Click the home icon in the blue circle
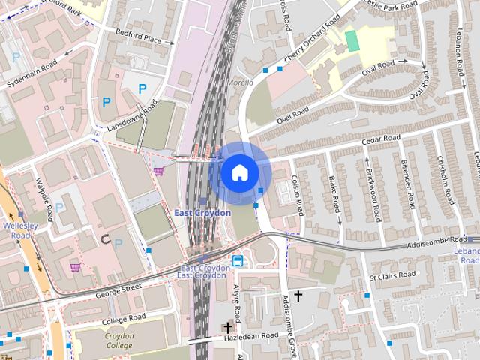click(239, 173)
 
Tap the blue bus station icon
click(238, 261)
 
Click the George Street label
click(119, 287)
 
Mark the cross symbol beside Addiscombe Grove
click(298, 296)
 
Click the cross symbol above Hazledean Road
click(227, 327)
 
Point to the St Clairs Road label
click(393, 276)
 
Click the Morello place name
click(240, 82)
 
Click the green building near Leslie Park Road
click(352, 40)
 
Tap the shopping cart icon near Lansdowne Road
click(159, 171)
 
